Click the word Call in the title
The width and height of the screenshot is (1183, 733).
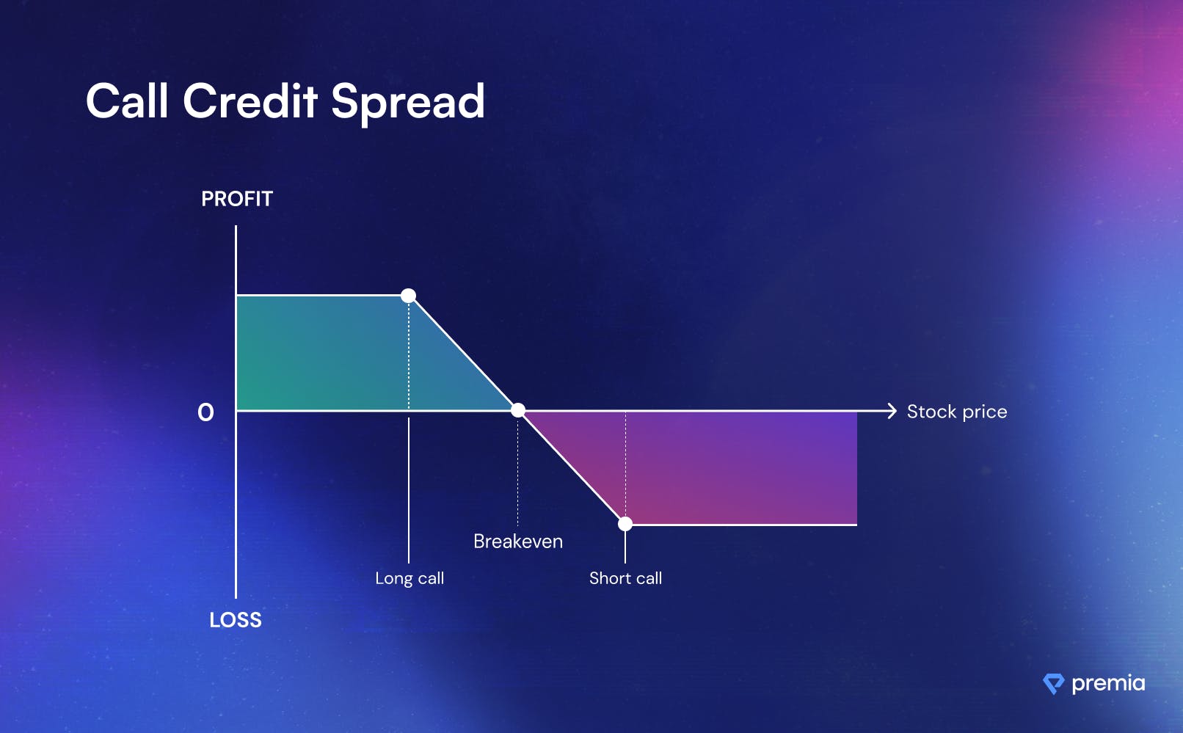[x=127, y=101]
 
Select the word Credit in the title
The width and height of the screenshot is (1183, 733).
[x=250, y=101]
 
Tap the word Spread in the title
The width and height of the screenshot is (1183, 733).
[x=408, y=104]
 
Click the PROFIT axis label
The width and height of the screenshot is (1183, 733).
[x=237, y=199]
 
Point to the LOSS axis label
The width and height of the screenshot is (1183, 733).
[x=236, y=620]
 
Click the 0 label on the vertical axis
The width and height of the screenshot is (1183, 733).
[x=205, y=412]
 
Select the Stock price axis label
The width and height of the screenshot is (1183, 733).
[x=957, y=412]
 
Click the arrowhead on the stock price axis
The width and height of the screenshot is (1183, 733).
[x=892, y=411]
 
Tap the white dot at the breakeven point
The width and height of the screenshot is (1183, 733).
[x=518, y=410]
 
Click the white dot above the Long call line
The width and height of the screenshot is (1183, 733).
[x=408, y=295]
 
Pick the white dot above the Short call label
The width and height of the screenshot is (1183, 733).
[x=625, y=524]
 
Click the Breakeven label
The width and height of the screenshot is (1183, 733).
[x=518, y=541]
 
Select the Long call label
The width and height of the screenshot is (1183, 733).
[x=409, y=578]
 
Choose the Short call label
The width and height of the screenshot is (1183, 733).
[x=626, y=578]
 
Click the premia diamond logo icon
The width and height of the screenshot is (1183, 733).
[x=1054, y=684]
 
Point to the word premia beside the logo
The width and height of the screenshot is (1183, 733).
[x=1109, y=684]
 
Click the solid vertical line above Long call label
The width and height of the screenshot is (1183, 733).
[x=409, y=491]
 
